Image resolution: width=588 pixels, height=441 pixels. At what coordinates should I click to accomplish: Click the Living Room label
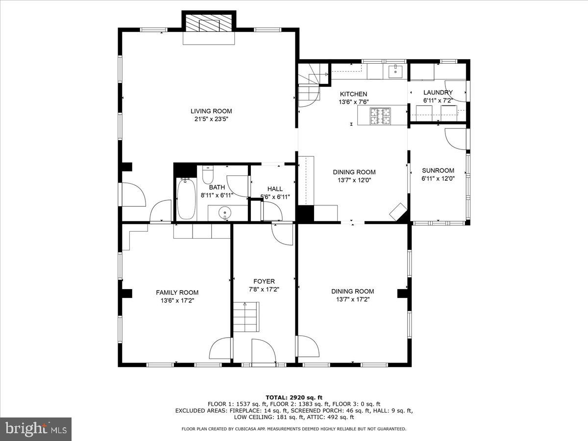[211, 111]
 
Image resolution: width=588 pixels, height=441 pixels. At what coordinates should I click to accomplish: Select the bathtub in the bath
[186, 198]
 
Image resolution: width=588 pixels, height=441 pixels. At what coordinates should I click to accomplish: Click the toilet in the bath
[208, 174]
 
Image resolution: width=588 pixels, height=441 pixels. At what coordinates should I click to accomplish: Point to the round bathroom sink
[225, 213]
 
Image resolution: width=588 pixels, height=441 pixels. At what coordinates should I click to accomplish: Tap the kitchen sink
[395, 72]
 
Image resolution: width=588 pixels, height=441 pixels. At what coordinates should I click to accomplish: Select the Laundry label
[438, 92]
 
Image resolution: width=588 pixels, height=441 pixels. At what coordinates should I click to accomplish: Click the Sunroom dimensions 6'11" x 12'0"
[438, 179]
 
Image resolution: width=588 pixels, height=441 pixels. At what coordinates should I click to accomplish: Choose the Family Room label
[177, 293]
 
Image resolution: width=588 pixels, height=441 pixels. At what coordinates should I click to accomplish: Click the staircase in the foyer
[245, 317]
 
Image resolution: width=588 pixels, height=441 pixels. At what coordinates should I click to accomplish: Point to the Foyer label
[264, 281]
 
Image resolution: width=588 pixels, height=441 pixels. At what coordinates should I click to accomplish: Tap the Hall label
[274, 189]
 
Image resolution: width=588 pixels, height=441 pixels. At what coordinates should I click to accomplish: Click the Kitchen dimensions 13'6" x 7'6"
[353, 102]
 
